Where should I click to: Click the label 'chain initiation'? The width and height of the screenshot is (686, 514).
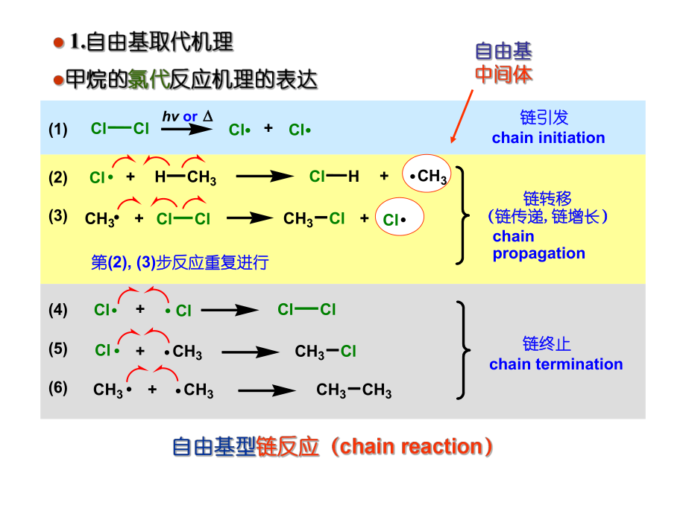point(548,138)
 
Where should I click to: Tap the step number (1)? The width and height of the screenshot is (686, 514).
point(58,130)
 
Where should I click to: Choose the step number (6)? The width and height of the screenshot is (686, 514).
point(58,389)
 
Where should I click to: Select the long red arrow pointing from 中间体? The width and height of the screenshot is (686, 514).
point(462,115)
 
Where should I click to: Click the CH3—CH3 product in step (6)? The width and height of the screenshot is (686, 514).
point(353,390)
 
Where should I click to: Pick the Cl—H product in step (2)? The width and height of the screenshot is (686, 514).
point(334,177)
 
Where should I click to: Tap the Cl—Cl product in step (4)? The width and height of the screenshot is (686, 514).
point(306,310)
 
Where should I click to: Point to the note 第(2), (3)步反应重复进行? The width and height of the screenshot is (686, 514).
point(179,262)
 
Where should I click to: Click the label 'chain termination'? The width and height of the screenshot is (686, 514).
point(556,364)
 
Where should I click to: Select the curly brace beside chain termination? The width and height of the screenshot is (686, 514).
point(463,349)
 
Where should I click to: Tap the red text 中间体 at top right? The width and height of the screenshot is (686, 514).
point(504,74)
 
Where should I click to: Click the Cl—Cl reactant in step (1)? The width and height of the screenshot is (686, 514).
point(120,128)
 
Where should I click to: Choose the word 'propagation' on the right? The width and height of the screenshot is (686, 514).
point(538,253)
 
